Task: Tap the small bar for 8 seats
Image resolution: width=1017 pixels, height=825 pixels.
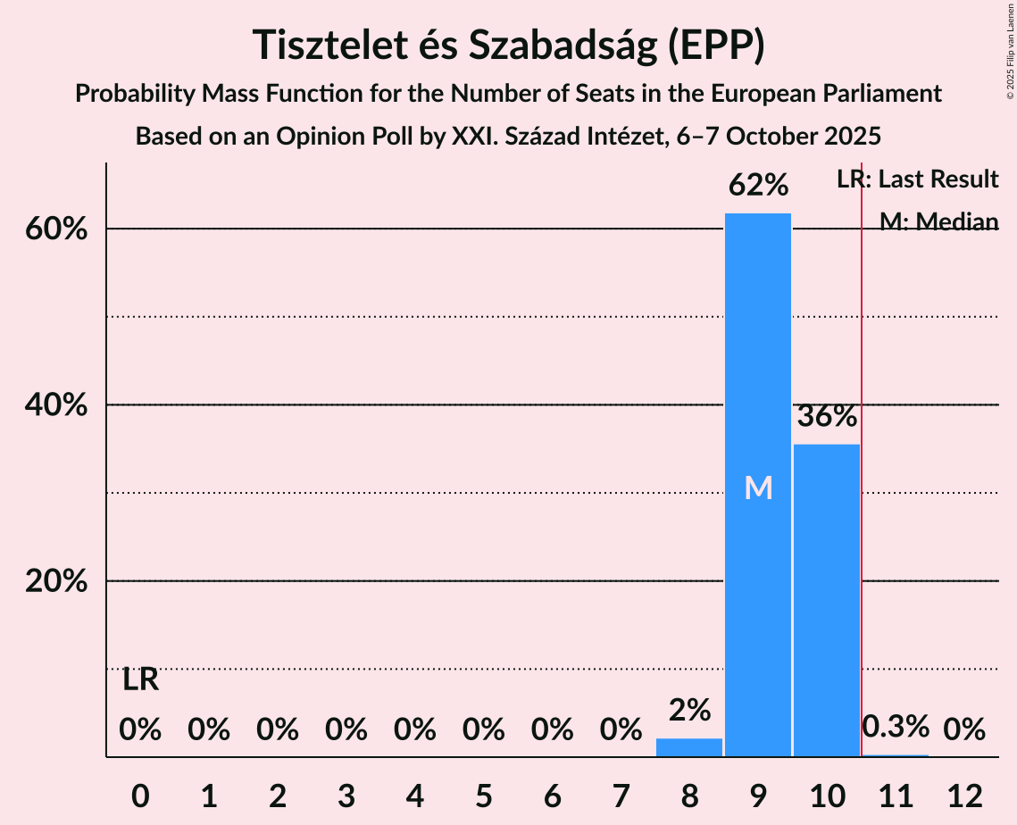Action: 688,748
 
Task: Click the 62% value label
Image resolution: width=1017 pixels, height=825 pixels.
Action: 757,186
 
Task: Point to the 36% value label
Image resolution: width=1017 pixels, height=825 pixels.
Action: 826,416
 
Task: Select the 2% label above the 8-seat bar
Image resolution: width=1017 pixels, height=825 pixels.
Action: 688,711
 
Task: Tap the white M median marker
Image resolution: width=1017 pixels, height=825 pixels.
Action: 758,487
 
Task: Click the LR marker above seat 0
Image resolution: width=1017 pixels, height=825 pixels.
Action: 140,680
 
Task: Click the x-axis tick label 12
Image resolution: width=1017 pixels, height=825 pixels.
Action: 964,796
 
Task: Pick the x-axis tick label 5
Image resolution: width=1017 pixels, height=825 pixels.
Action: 483,796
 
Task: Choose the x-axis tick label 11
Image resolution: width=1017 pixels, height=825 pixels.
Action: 896,796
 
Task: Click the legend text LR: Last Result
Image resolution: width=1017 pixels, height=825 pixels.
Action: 917,179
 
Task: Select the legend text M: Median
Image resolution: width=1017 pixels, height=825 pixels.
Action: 938,221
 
